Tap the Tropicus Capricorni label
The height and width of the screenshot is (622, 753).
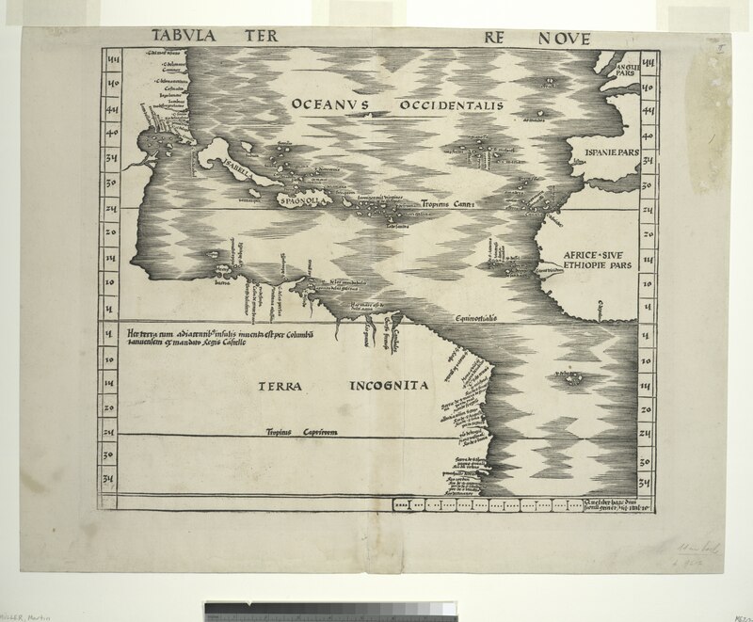point(300,431)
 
